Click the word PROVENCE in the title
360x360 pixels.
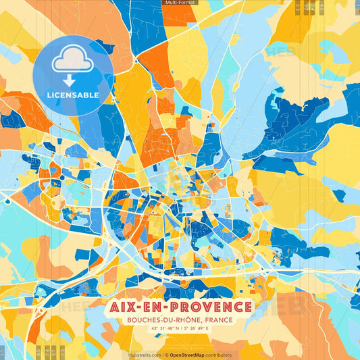pos(213,307)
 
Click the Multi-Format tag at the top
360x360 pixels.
pos(180,3)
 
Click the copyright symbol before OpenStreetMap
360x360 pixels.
pos(166,355)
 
